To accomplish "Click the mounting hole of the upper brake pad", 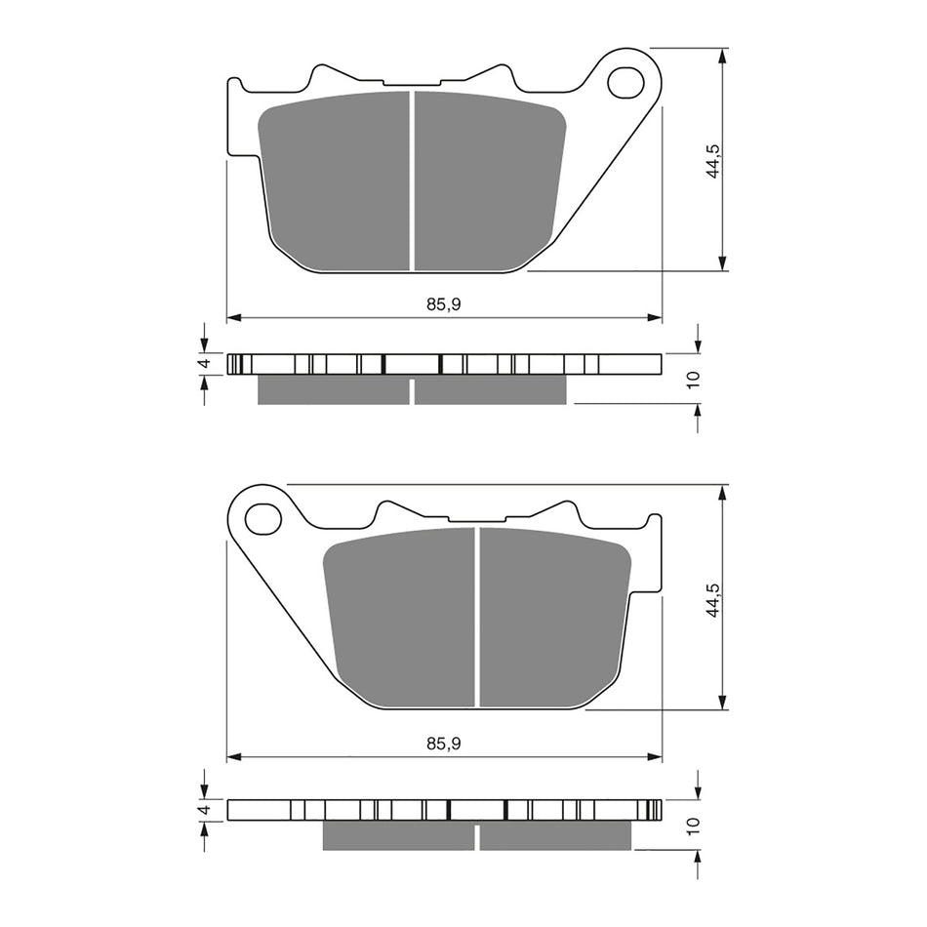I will coord(625,83).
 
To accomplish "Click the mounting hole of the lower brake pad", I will coord(262,518).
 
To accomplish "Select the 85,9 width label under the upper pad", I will coord(443,304).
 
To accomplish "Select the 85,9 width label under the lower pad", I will coord(443,743).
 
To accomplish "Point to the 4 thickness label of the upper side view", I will coord(204,364).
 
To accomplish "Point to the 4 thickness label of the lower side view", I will coord(204,810).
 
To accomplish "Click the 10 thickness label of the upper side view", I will coord(693,380).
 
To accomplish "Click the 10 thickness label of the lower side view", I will coord(693,826).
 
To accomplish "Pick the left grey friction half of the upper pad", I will coord(337,181).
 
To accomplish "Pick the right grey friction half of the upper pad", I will coord(488,181).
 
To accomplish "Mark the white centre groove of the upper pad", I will coord(413,181).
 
